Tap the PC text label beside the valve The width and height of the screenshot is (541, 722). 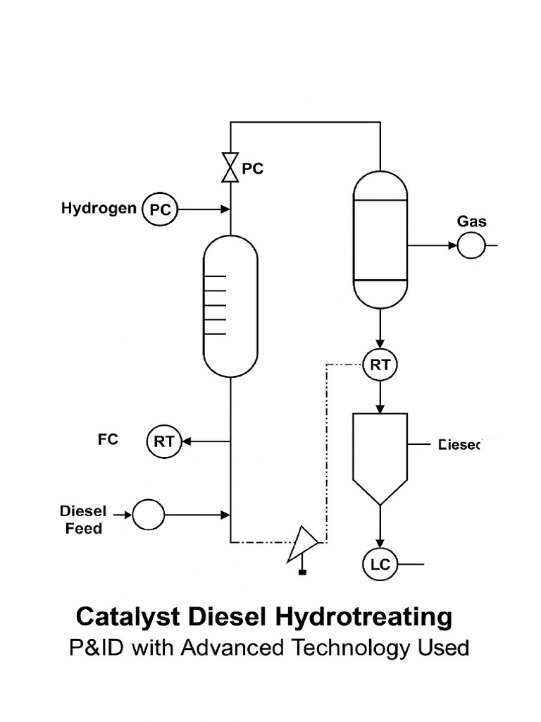(253, 169)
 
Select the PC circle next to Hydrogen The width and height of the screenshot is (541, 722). (160, 209)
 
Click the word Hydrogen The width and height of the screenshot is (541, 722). (99, 209)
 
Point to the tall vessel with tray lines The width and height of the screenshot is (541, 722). (230, 307)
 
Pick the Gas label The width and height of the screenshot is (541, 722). (472, 221)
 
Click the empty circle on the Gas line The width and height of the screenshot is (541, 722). (471, 245)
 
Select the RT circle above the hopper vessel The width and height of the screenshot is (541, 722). (380, 365)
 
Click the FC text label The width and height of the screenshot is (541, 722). (108, 440)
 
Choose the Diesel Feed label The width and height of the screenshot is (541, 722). (83, 519)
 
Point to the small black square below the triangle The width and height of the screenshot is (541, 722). (302, 572)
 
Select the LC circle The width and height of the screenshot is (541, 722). (380, 564)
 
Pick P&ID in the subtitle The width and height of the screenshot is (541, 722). (96, 647)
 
